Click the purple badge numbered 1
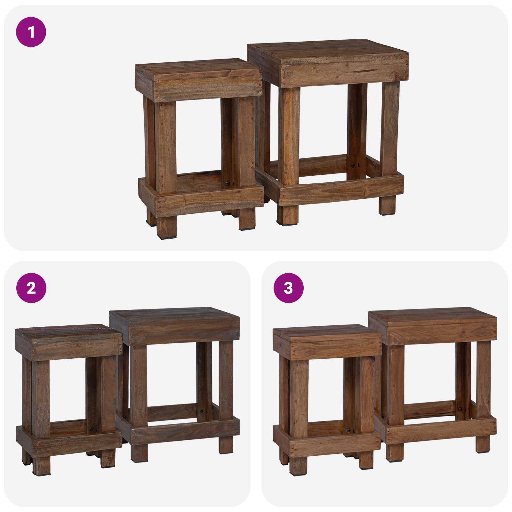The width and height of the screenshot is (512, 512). pos(31,32)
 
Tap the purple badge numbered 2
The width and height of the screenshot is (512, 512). pos(31,288)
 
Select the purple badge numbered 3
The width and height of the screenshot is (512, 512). pos(288,288)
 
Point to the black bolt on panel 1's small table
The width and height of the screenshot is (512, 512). pos(227,184)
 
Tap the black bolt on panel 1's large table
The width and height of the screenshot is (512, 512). pos(353,165)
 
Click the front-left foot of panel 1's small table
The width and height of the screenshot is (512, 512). pos(167,227)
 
